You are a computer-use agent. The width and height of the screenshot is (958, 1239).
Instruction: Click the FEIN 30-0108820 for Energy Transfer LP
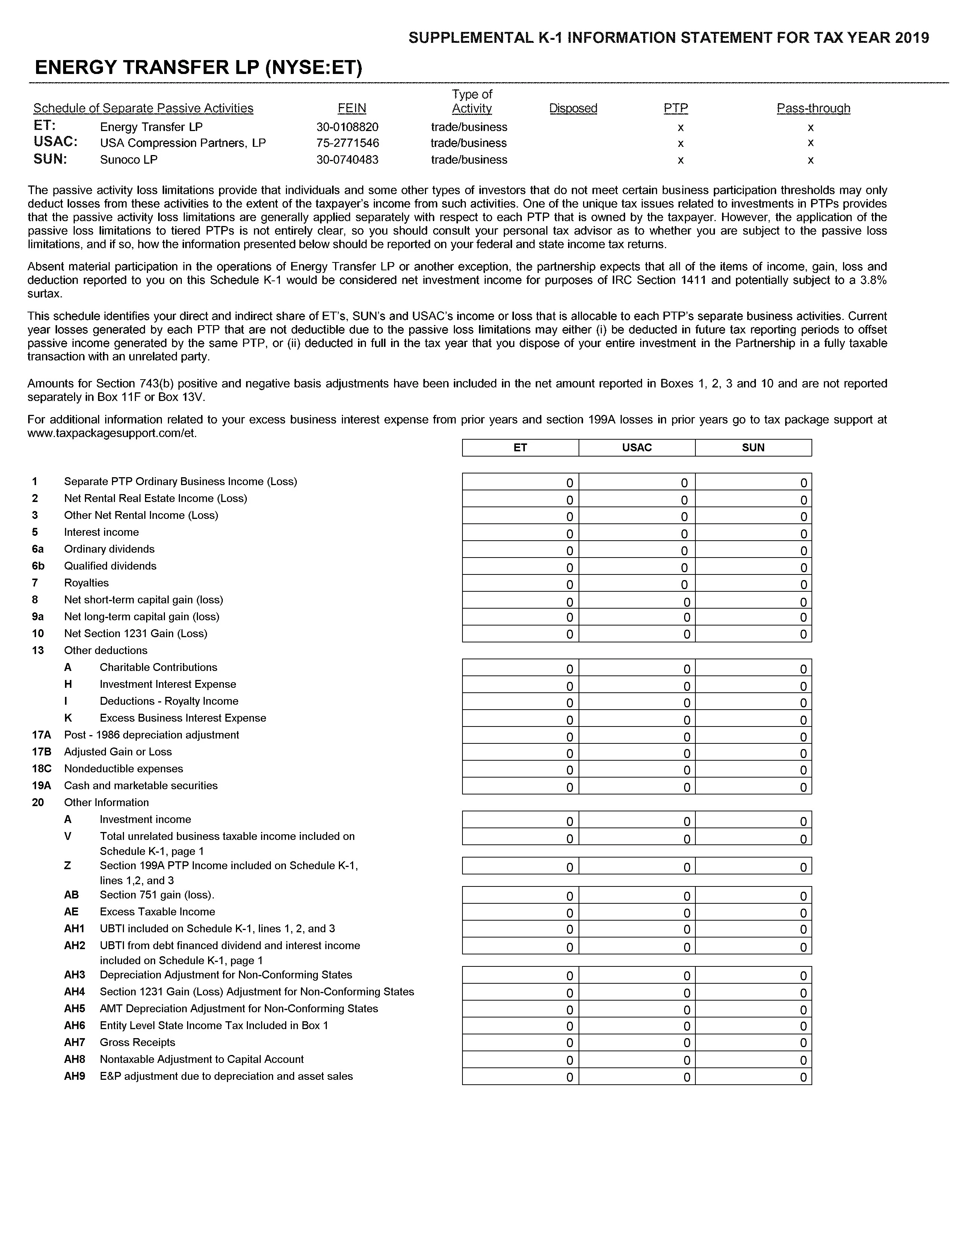pos(348,127)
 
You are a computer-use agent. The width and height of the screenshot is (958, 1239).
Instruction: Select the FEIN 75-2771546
pos(348,143)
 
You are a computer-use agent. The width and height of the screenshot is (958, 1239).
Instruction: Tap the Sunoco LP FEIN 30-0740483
pos(348,160)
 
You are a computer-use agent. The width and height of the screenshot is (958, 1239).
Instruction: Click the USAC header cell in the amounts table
pos(637,448)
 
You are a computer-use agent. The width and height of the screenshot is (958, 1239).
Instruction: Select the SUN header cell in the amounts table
pos(753,448)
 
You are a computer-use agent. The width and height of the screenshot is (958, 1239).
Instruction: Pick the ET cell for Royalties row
pos(520,584)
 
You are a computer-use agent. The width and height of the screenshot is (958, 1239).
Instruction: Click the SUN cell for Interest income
pos(753,533)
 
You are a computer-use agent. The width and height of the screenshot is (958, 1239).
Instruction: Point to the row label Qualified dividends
pos(110,566)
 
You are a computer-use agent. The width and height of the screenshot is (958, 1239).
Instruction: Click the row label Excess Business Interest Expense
pos(183,718)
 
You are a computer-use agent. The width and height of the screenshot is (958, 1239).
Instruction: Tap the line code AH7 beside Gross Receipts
pos(74,1043)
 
